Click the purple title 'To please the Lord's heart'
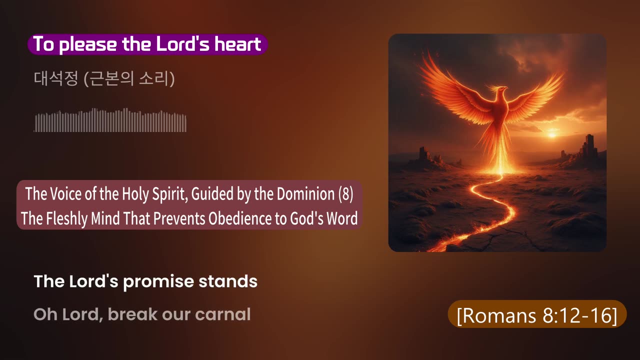147,44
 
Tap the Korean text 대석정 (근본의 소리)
104,79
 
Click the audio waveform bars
110,120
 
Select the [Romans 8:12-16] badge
537,314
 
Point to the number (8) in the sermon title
345,194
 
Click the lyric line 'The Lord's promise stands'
145,281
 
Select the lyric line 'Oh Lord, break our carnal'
142,314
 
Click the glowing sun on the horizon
552,134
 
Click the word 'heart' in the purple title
238,44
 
